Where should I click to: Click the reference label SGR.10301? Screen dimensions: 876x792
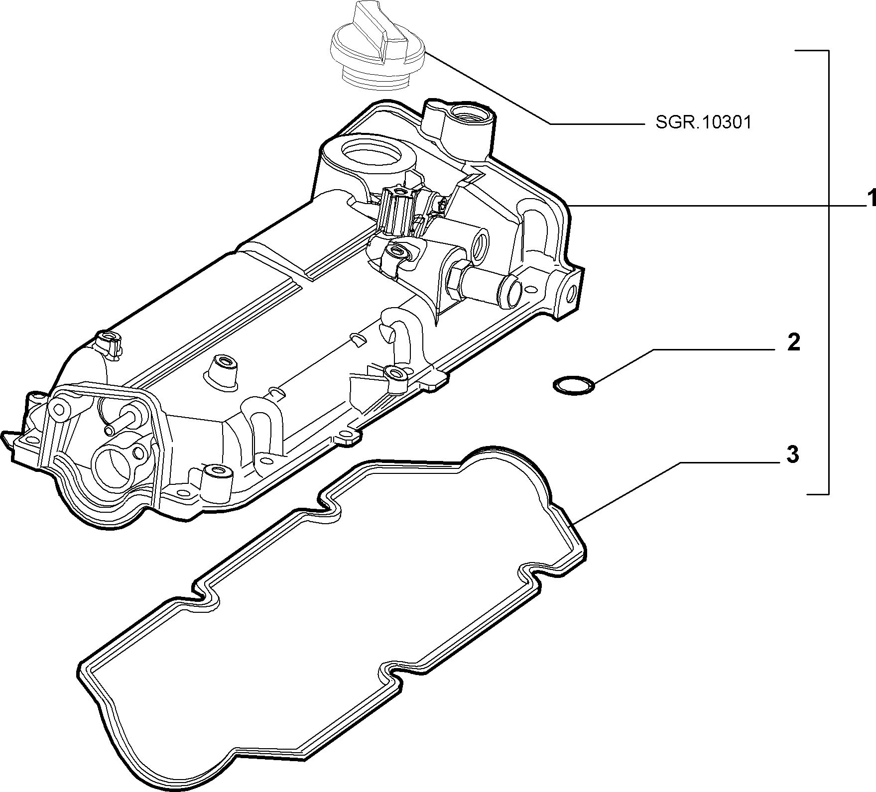(x=703, y=123)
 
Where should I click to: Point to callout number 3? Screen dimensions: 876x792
(x=792, y=455)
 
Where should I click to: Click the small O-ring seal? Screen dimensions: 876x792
(x=574, y=385)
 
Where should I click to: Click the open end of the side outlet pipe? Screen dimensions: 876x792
(x=512, y=290)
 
